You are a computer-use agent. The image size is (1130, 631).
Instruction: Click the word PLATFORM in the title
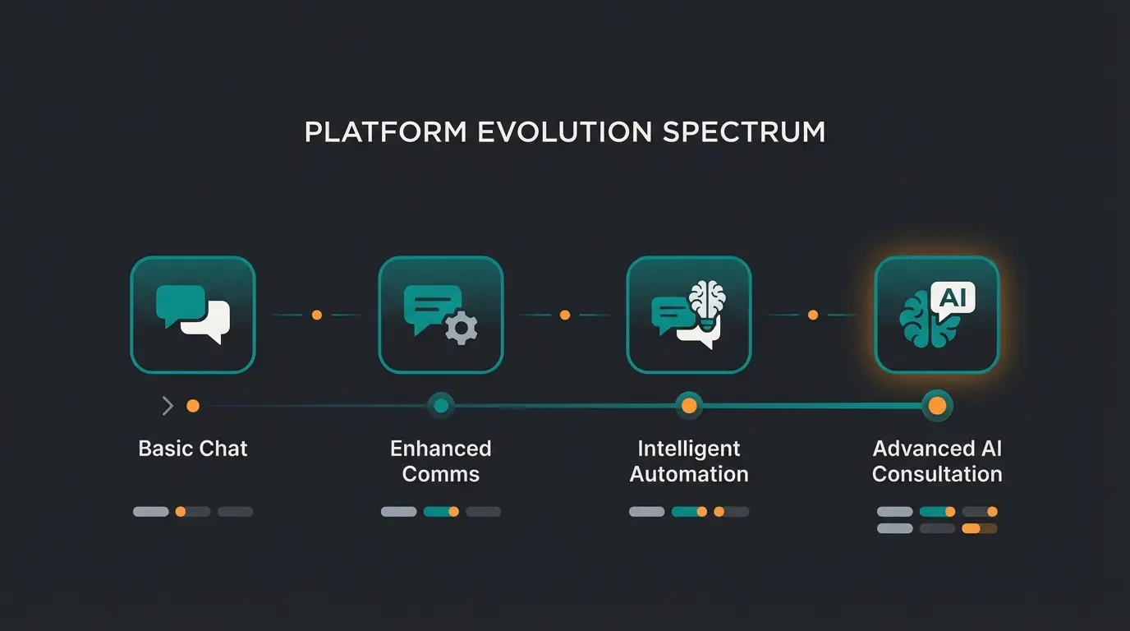386,132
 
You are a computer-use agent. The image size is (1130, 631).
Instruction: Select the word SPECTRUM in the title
744,132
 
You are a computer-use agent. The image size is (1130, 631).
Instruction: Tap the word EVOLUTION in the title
565,132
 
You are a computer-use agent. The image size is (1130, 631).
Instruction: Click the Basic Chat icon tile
193,315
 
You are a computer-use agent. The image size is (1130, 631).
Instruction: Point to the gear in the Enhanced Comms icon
461,328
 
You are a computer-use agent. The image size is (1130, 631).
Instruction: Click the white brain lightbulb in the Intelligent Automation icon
707,306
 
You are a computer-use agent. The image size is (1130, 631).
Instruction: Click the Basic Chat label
193,449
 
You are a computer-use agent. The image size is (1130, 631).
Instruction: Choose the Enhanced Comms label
441,461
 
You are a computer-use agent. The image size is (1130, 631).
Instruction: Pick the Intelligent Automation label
689,461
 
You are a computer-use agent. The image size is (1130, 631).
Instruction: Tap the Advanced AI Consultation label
937,461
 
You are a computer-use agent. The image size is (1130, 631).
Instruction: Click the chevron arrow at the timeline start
168,406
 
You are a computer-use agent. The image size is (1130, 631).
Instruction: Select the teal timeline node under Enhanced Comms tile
441,406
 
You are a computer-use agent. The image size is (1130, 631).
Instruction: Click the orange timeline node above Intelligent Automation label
689,406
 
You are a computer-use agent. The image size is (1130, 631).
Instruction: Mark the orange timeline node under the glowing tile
937,406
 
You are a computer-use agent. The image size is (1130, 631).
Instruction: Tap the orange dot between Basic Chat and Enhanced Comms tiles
317,315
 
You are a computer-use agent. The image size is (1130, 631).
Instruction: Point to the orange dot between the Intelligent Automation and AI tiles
813,315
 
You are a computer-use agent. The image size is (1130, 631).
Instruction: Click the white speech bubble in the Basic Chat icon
208,322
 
